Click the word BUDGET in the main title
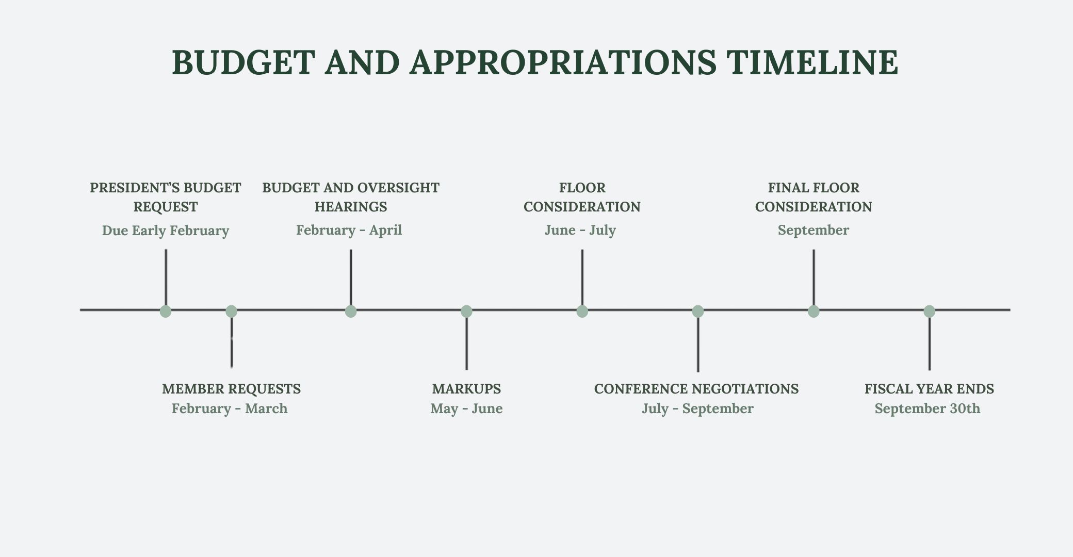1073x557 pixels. coord(243,63)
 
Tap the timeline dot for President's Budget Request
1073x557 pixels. coord(166,311)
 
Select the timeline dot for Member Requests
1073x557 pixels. coord(232,311)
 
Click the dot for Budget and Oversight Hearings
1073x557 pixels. coord(351,311)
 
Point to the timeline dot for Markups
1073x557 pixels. coord(466,311)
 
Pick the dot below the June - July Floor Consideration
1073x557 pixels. coord(582,311)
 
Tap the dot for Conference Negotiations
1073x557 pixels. coord(698,311)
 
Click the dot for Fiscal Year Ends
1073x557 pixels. coord(929,311)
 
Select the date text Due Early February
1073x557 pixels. coord(166,231)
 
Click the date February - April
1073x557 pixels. coord(349,230)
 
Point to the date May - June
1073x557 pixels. coord(466,408)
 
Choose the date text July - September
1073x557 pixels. coord(697,408)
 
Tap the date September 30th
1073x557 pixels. coord(927,408)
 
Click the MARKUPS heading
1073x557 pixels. coord(466,389)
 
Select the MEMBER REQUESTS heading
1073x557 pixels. coord(231,389)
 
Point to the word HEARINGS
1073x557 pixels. coord(351,207)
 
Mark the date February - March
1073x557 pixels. coord(230,408)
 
